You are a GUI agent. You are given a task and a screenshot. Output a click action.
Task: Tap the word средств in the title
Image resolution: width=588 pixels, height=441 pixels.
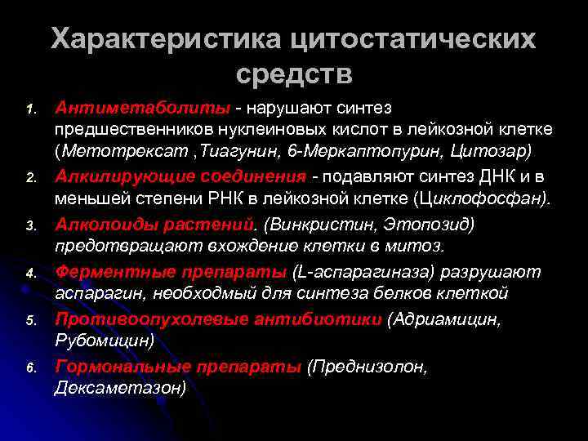(x=294, y=74)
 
